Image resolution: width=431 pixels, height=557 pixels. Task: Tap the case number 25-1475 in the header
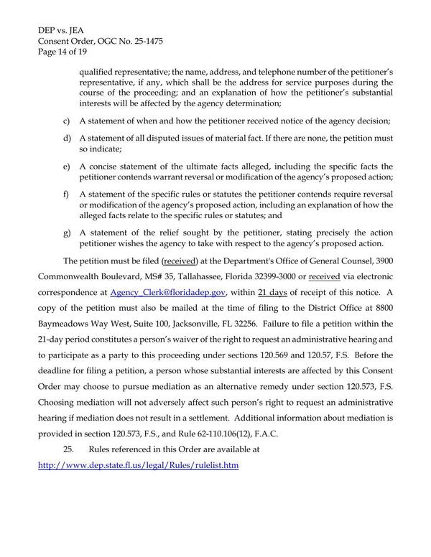(146, 42)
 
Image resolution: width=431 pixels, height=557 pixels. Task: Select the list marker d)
(68, 138)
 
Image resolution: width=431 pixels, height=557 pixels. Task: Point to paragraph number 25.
(72, 449)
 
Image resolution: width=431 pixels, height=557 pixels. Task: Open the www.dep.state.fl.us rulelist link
(138, 465)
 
